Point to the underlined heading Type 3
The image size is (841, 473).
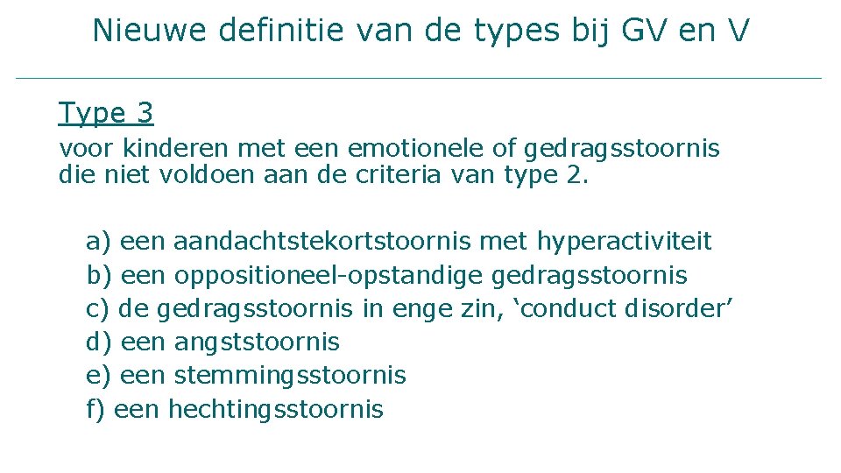[106, 113]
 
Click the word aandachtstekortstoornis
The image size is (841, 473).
[322, 241]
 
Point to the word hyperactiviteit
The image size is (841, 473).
[624, 241]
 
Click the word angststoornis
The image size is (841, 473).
[257, 342]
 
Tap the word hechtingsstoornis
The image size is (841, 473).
[275, 409]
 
